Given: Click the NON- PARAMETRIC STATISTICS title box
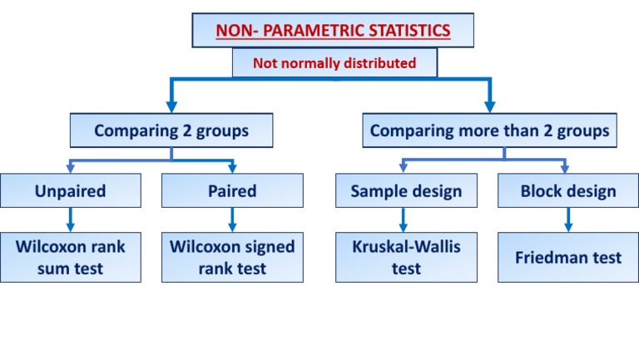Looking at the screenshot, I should pyautogui.click(x=333, y=32).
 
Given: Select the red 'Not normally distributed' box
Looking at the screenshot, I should pyautogui.click(x=334, y=62).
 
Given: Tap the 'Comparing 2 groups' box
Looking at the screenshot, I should pyautogui.click(x=171, y=131).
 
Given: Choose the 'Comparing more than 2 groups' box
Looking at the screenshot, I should pyautogui.click(x=489, y=131).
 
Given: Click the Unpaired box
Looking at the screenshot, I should pyautogui.click(x=71, y=191).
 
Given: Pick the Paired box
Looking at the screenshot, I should pyautogui.click(x=232, y=191).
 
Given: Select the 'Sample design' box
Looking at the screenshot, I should pyautogui.click(x=405, y=191).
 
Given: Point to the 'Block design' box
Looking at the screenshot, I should pyautogui.click(x=568, y=191).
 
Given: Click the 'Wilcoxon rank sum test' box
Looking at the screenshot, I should pyautogui.click(x=71, y=257).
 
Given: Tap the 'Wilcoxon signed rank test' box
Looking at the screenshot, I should pyautogui.click(x=232, y=257).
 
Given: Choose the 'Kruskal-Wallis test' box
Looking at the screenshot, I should pyautogui.click(x=405, y=257).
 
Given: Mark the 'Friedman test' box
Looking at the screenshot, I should pyautogui.click(x=568, y=257).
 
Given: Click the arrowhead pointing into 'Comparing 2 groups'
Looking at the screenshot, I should pyautogui.click(x=171, y=106).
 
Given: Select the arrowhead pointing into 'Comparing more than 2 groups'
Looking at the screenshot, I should pyautogui.click(x=490, y=106).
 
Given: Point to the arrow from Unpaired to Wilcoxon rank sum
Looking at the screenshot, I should pyautogui.click(x=71, y=220).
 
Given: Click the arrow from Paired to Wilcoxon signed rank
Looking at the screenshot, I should pyautogui.click(x=232, y=220).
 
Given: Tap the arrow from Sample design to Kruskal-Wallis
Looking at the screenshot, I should pyautogui.click(x=404, y=220).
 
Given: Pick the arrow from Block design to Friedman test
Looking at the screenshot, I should pyautogui.click(x=568, y=220).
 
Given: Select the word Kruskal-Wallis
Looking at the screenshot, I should pyautogui.click(x=406, y=246).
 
